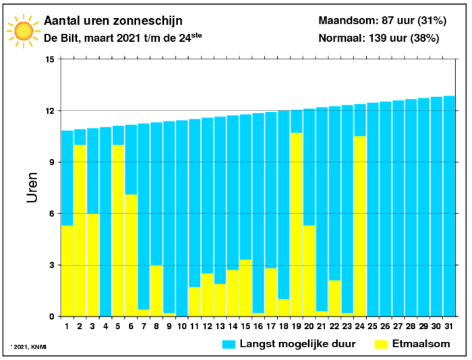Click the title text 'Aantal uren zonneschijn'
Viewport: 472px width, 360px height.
pyautogui.click(x=113, y=22)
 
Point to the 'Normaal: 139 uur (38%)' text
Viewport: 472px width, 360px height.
pyautogui.click(x=378, y=38)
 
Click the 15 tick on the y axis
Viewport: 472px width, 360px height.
pyautogui.click(x=49, y=59)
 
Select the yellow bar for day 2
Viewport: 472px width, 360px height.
pyautogui.click(x=80, y=230)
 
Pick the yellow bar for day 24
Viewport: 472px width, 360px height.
pyautogui.click(x=360, y=227)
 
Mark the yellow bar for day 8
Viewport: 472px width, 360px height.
pyautogui.click(x=156, y=291)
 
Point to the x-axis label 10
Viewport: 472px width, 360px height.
pyautogui.click(x=181, y=326)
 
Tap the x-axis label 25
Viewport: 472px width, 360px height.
pyautogui.click(x=373, y=326)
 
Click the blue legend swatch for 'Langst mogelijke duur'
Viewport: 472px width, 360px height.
pyautogui.click(x=231, y=344)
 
